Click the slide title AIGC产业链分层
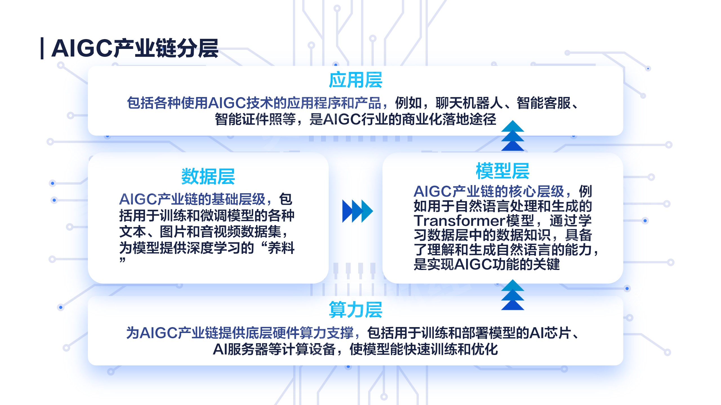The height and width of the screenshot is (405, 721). coord(135,48)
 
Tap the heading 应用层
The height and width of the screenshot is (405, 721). coord(355,80)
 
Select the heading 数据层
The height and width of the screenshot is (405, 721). coord(208,177)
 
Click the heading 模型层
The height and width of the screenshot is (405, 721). coord(503,171)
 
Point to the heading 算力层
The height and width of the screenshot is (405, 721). coord(355,310)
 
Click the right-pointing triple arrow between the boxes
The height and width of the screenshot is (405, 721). coord(357,211)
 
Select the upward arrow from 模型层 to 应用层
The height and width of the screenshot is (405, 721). coord(513,136)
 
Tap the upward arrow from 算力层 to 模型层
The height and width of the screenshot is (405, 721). coord(513,295)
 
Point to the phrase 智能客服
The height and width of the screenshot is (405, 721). coord(544,103)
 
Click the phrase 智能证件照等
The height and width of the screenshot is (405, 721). coord(255,119)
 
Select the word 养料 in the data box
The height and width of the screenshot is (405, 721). coord(281,248)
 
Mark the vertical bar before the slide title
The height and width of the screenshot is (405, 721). coord(42,48)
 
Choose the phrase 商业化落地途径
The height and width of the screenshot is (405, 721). coord(449,119)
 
